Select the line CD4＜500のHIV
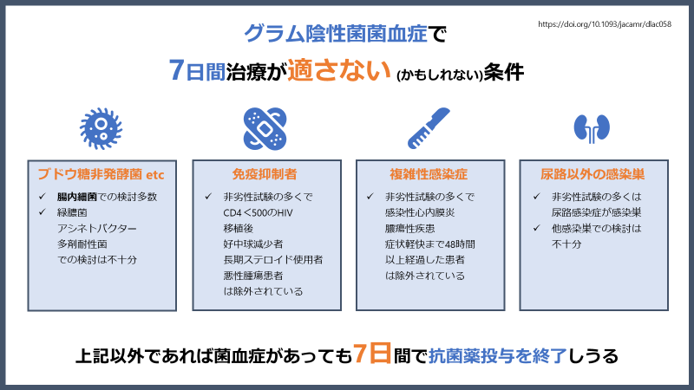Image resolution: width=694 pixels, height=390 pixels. click(x=259, y=212)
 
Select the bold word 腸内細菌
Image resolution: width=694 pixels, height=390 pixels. click(x=74, y=197)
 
